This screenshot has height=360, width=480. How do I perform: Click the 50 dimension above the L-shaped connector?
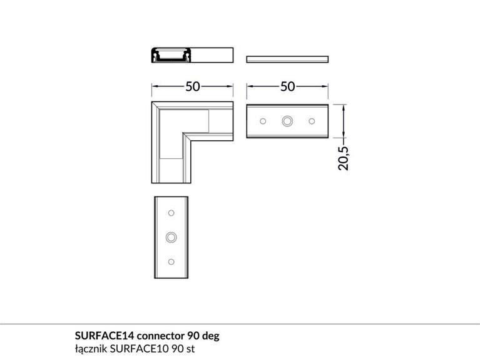[193, 86]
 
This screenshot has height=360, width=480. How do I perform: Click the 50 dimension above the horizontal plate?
[288, 86]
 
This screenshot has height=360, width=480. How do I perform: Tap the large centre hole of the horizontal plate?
[288, 120]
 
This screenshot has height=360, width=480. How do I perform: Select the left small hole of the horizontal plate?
[263, 120]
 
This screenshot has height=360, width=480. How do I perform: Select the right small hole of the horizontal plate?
[312, 120]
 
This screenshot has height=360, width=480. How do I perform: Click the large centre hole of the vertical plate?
[171, 237]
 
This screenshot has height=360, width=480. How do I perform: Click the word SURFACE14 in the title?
[101, 336]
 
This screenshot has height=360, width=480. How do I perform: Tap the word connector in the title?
[156, 336]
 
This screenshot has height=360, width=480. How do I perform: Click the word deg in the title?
[210, 336]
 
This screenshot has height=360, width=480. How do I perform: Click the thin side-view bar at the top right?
[288, 59]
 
